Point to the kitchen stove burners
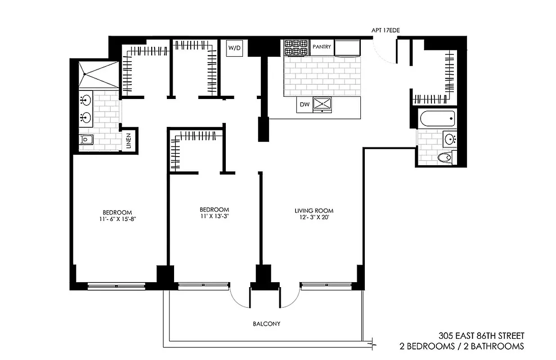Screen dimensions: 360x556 (x=296, y=47)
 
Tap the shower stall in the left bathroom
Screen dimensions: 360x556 (x=98, y=74)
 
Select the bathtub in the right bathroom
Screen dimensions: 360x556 (x=437, y=119)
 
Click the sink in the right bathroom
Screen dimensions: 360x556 (x=448, y=139)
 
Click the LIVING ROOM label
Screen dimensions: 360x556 (x=314, y=211)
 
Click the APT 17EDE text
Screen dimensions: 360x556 (x=385, y=30)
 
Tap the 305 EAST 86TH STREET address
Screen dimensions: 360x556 (x=481, y=336)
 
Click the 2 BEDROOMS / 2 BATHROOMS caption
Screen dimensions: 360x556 (x=462, y=346)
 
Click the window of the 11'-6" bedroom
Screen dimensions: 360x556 (x=116, y=286)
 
